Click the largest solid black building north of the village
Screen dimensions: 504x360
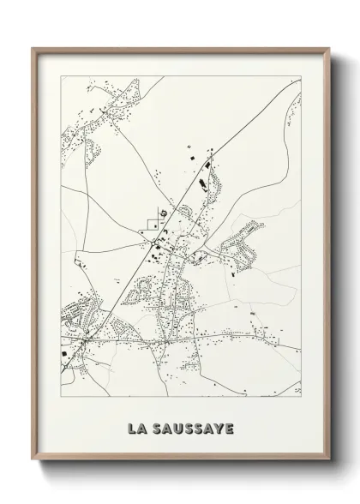tap(203, 182)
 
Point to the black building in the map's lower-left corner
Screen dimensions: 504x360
tap(65, 353)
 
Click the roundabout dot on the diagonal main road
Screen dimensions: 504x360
tap(153, 244)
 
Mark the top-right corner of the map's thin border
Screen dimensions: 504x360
tap(301, 75)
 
